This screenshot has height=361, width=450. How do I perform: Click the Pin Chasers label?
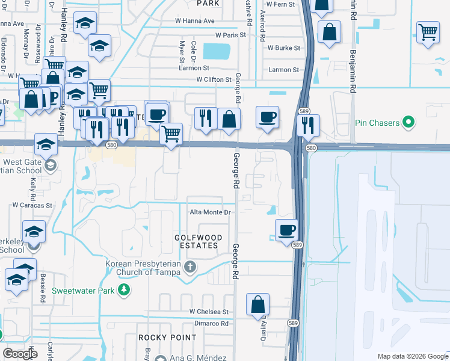[x=378, y=123]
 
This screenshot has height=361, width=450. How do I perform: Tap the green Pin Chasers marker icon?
[x=409, y=123]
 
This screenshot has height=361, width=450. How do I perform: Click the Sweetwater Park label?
[x=82, y=291]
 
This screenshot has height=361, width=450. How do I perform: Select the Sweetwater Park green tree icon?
[x=124, y=291]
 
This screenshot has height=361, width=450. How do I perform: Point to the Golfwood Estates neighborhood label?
[x=196, y=242]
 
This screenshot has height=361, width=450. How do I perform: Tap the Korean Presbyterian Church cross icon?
[x=190, y=267]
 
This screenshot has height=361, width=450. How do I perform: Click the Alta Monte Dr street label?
[x=211, y=212]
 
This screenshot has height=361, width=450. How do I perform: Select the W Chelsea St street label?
[x=209, y=312]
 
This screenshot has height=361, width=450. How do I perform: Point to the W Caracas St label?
[x=32, y=205]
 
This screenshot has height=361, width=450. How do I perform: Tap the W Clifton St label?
[x=214, y=79]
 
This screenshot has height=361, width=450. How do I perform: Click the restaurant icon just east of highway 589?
[x=308, y=125]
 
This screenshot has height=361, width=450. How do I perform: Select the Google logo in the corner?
[x=20, y=353]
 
